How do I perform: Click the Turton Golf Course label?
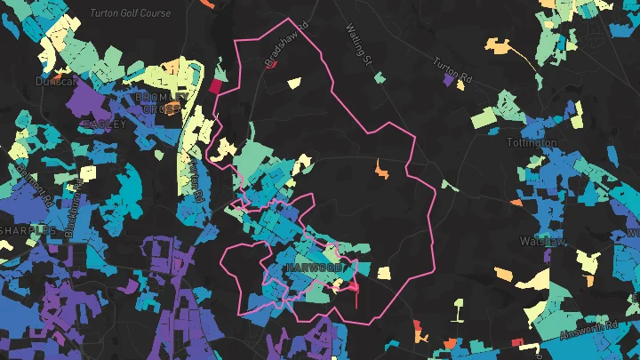[x=131, y=14]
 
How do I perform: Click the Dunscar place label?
[x=56, y=80]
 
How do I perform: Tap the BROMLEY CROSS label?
[x=162, y=101]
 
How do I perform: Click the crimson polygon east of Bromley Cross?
[x=214, y=86]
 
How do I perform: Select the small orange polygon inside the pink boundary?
[x=382, y=167]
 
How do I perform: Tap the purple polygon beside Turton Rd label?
[x=449, y=80]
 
